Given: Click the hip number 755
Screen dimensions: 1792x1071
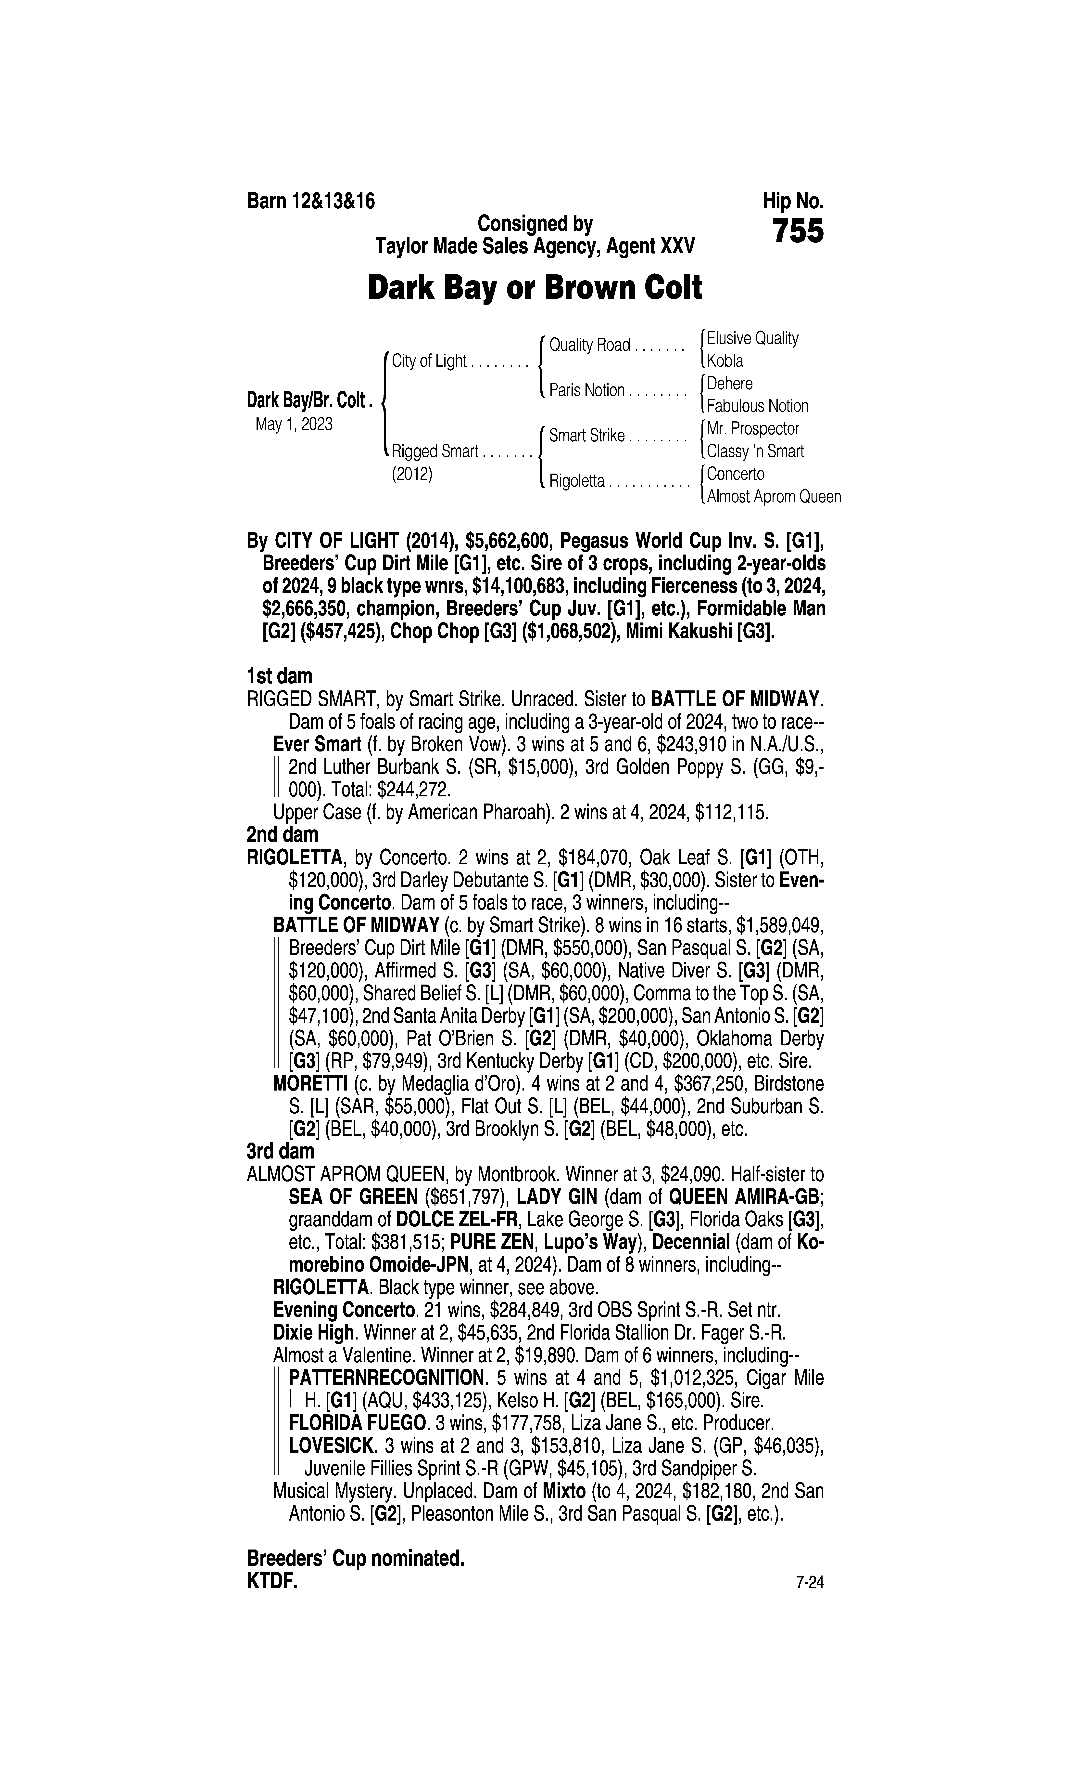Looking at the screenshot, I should (798, 232).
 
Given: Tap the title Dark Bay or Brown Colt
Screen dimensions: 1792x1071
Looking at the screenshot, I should (535, 288).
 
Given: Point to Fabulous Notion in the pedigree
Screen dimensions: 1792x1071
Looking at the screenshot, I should (757, 406).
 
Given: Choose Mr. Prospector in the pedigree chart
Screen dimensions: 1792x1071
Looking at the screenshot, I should (753, 429).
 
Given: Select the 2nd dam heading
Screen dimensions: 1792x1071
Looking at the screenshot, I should (282, 835).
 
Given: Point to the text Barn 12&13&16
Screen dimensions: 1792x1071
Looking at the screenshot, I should (311, 201).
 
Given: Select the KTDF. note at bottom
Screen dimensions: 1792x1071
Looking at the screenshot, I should (272, 1582).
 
